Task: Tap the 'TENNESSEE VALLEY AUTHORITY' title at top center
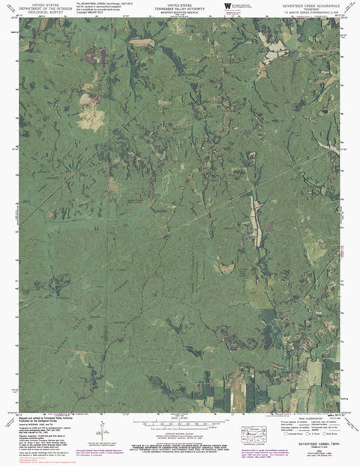tap(184, 8)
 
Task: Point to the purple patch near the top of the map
tap(97, 55)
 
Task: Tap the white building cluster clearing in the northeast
tap(274, 50)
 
